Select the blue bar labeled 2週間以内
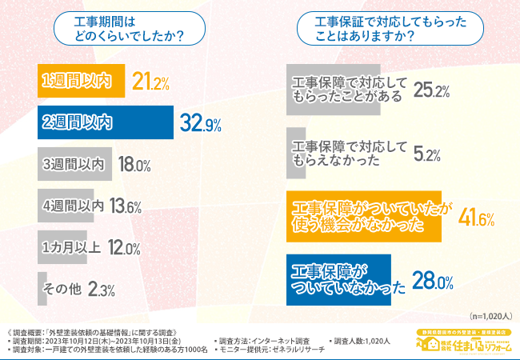pos(105,122)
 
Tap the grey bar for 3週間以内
pos(73,164)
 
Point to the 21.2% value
pos(151,82)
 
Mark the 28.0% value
pos(433,280)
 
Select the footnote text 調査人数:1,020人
pos(361,340)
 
